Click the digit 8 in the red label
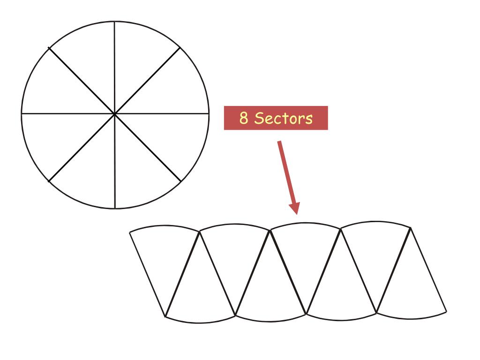pos(244,118)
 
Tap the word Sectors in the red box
pos(283,118)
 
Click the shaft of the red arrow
pos(285,169)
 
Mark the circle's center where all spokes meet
pos(115,113)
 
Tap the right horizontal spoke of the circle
pos(162,113)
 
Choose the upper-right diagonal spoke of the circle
pos(148,80)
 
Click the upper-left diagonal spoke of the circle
pos(82,80)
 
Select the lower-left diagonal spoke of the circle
pos(82,147)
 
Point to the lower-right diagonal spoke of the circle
pos(148,147)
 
